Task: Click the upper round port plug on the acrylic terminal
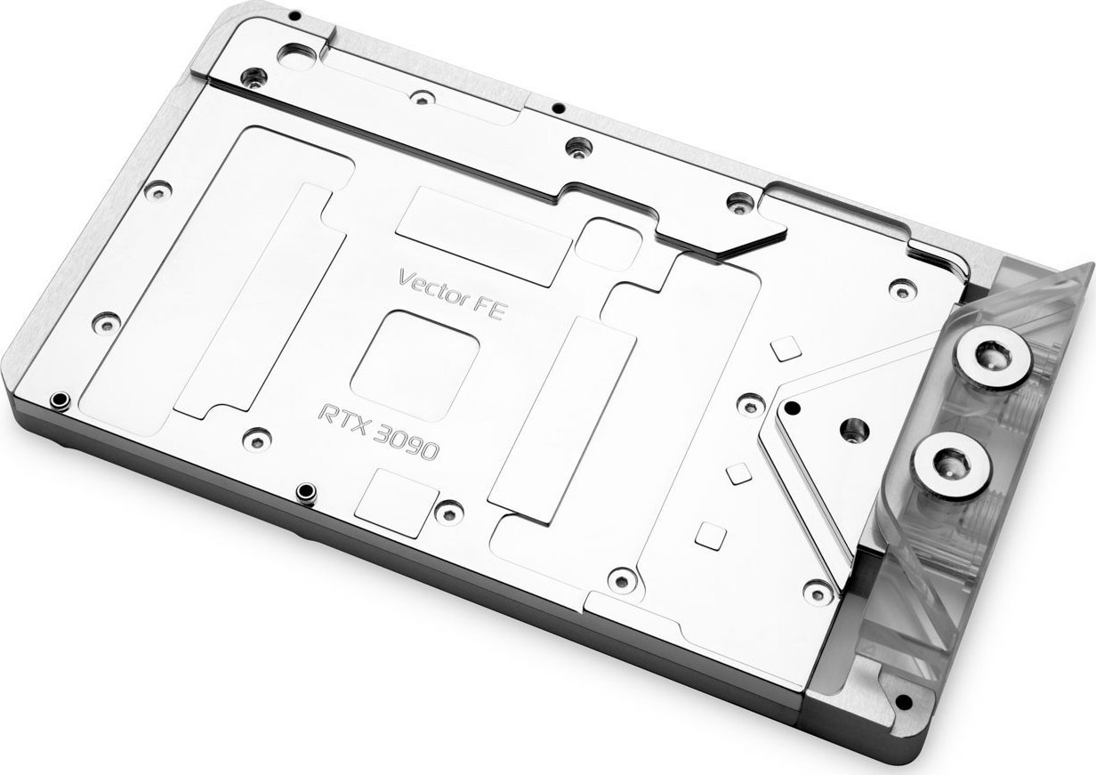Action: point(992,364)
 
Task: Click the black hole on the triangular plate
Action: point(793,408)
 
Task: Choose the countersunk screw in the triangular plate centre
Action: point(854,430)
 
